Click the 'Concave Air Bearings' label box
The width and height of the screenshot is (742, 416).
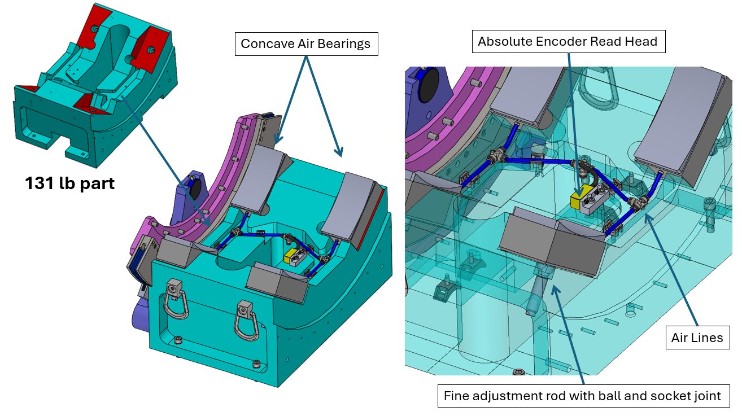point(305,44)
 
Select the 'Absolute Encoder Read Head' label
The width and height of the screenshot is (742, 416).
point(568,41)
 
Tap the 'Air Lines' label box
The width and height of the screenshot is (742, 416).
point(697,338)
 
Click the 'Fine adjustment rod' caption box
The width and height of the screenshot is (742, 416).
point(582,396)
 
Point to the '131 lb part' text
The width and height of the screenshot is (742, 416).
point(69,183)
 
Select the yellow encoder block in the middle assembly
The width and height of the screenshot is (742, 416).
point(291,256)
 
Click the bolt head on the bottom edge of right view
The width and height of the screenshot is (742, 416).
point(518,373)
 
